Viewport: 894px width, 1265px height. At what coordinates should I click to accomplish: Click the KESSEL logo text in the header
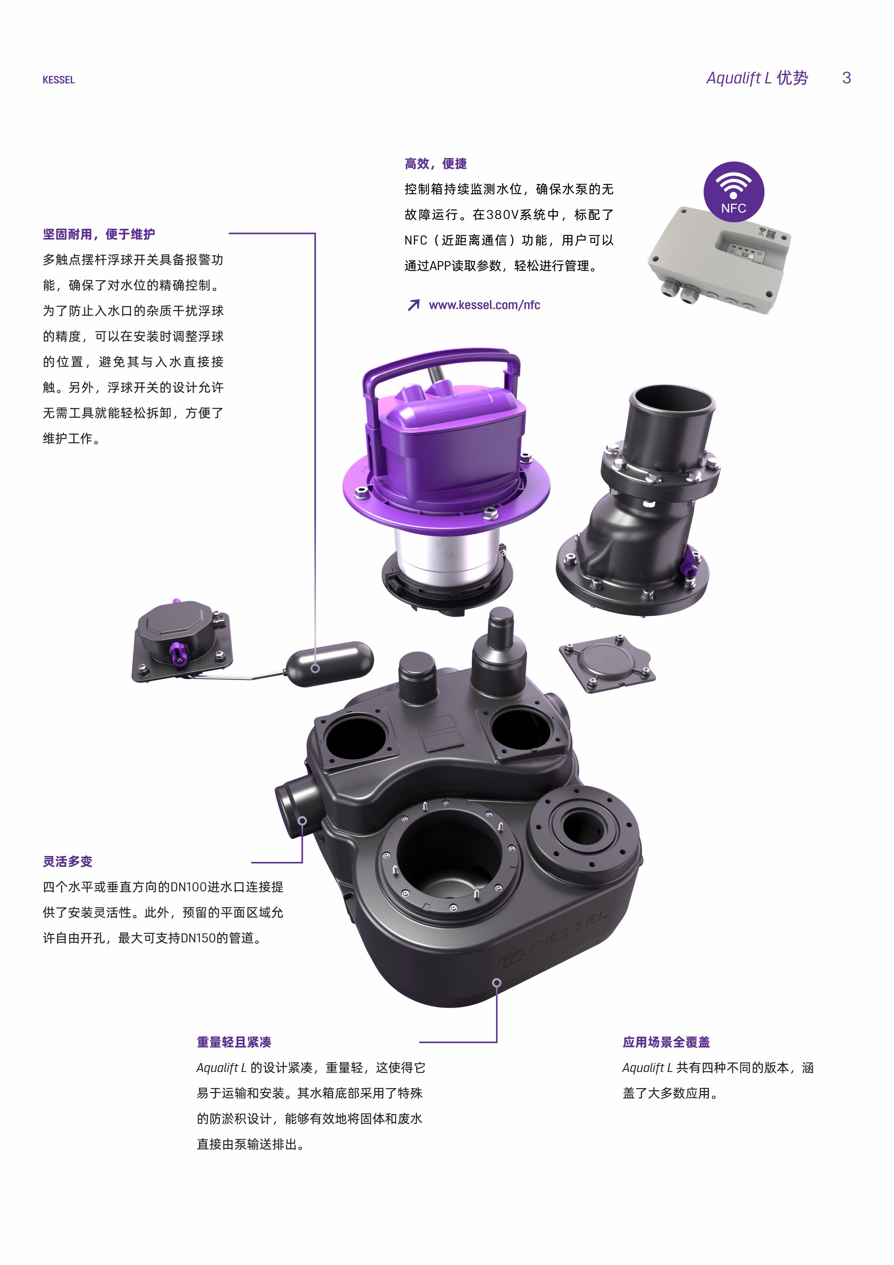click(x=59, y=80)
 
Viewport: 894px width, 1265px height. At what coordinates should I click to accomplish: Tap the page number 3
click(x=847, y=78)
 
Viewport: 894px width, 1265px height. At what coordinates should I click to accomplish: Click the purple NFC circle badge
click(x=734, y=192)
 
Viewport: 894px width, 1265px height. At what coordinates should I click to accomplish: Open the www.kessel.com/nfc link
click(x=485, y=305)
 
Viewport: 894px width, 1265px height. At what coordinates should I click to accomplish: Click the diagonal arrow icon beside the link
click(x=413, y=305)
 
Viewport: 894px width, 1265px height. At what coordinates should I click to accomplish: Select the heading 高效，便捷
click(x=435, y=164)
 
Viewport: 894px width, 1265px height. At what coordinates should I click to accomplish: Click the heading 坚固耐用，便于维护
click(x=99, y=234)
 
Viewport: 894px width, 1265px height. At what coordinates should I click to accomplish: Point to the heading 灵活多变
click(x=68, y=861)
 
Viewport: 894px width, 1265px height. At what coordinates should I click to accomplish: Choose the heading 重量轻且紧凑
click(x=234, y=1042)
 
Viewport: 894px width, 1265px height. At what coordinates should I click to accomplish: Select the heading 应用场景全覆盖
click(x=666, y=1042)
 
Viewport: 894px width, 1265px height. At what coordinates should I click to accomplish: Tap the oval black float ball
click(x=329, y=664)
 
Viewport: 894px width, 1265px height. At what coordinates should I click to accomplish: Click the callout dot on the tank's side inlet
click(x=302, y=821)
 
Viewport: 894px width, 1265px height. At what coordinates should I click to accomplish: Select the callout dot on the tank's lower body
click(x=497, y=982)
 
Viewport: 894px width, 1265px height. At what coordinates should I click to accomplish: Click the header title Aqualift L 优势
click(x=757, y=78)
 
